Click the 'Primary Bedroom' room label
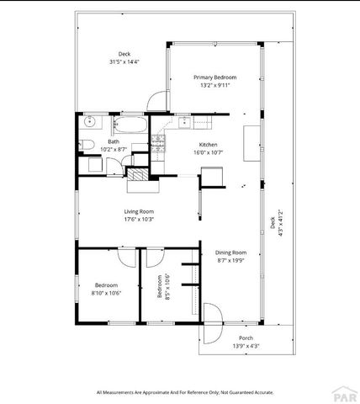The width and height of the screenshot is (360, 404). coord(214,77)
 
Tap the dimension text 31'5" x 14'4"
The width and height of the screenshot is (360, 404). coord(124,61)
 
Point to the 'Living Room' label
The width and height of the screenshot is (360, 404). coord(139,212)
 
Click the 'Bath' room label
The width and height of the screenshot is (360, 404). coord(113,141)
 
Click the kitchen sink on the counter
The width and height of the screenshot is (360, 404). coord(183,123)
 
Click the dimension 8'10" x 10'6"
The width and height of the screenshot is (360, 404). coord(106,293)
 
